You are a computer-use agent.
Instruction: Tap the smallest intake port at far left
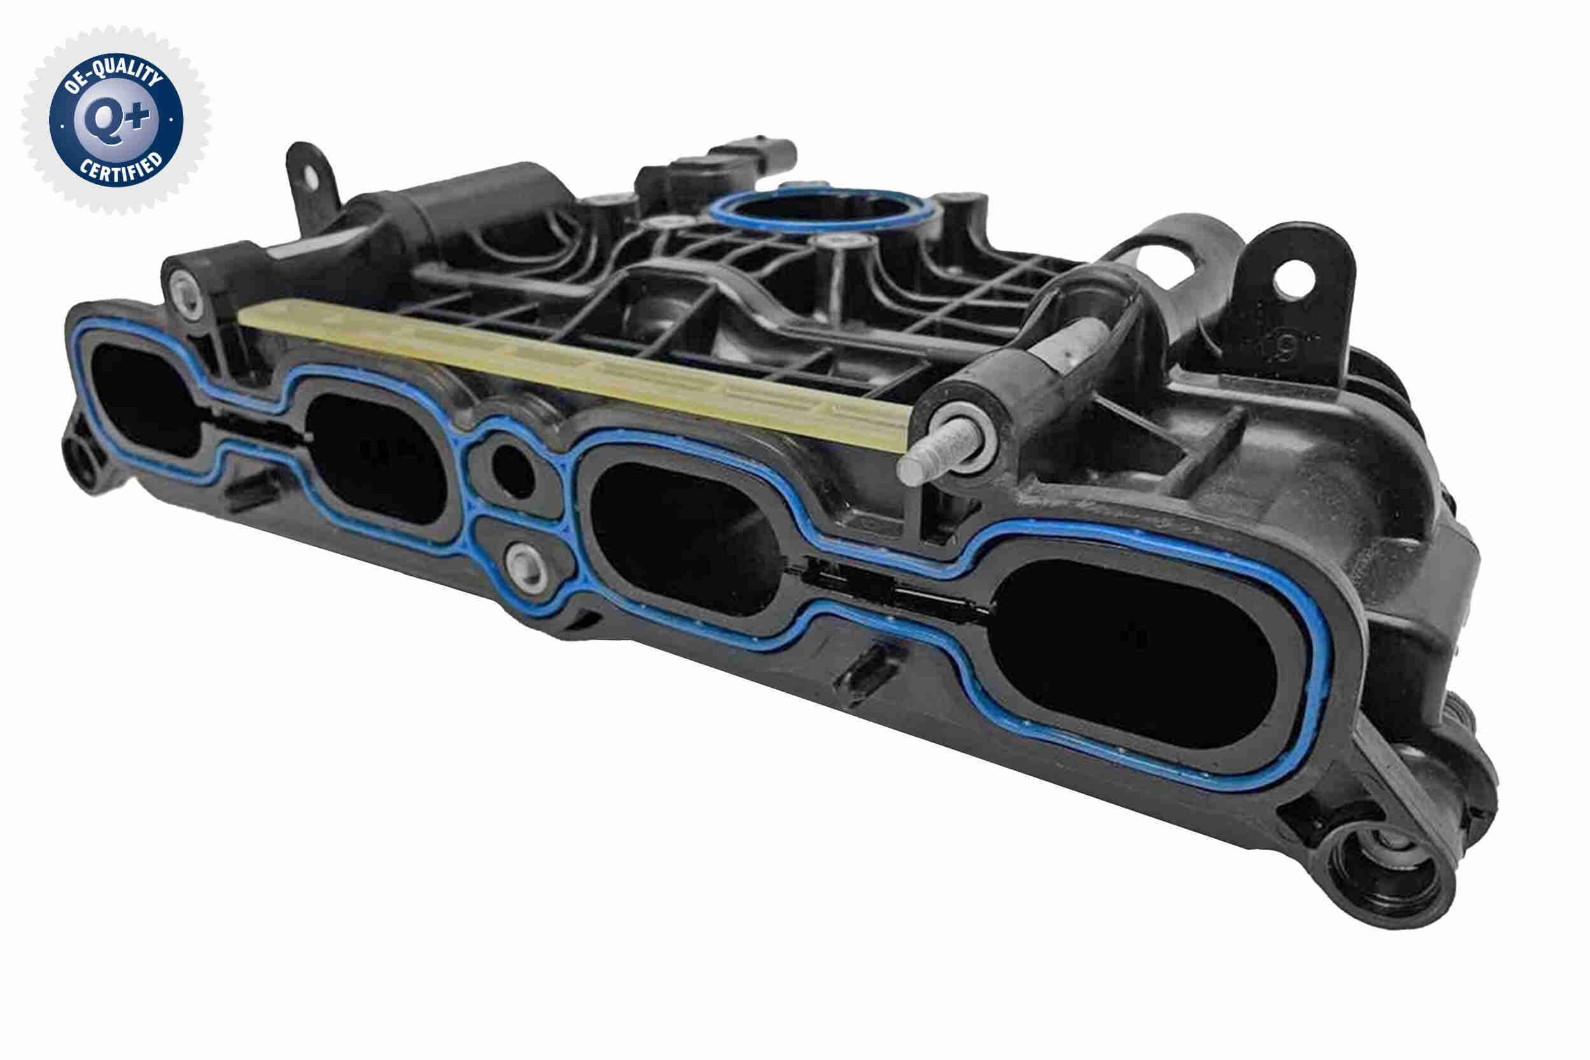tap(145, 399)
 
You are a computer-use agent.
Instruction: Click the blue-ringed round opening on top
tap(821, 209)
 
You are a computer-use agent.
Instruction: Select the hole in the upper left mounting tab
tap(310, 176)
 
